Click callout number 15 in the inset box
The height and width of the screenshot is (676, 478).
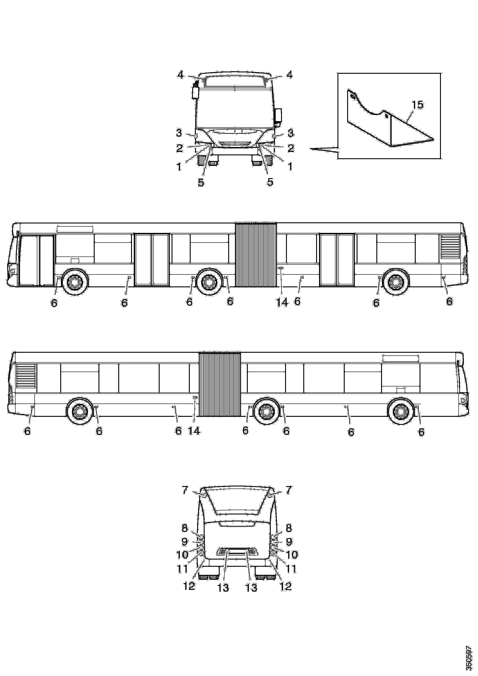coord(417,105)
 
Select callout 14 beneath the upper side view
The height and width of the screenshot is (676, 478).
coord(282,302)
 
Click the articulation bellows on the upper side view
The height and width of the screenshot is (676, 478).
coord(256,255)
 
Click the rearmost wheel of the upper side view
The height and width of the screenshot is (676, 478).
coord(395,282)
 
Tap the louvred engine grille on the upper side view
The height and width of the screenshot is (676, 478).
coord(449,247)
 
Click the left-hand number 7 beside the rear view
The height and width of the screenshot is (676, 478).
coord(185,490)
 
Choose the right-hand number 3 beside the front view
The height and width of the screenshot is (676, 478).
coord(291,133)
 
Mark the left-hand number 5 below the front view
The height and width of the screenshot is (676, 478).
coord(201,182)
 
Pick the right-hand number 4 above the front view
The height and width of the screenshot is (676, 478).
coord(290,75)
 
